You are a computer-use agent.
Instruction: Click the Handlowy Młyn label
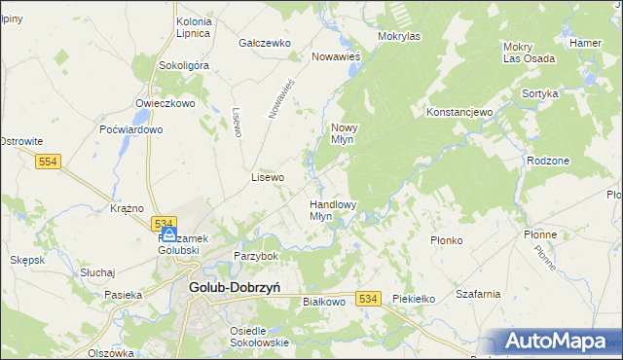coord(333,210)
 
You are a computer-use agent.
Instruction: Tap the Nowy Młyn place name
coord(348,133)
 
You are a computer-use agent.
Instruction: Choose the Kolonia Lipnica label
coord(193,27)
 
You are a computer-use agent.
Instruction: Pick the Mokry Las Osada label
coord(529,53)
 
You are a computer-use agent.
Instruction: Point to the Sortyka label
coord(539,93)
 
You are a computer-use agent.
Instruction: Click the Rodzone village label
coord(546,160)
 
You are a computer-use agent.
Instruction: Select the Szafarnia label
coord(477,294)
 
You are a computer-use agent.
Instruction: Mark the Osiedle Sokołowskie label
coord(259,336)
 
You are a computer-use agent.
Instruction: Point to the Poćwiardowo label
coord(130,129)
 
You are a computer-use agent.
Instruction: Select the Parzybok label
coord(256,256)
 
